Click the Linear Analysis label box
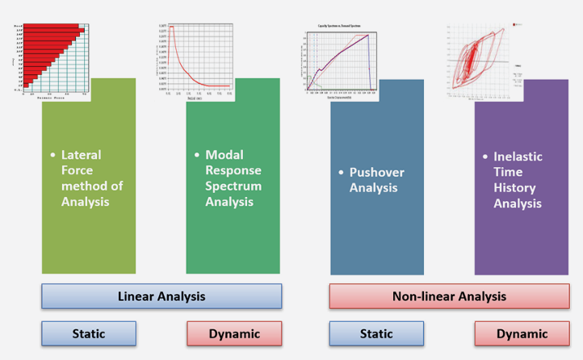(161, 296)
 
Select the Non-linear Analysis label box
(449, 296)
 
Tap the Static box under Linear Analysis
(89, 333)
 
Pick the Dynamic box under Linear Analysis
(234, 333)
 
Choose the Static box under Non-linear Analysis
(376, 333)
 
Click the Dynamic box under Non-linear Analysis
(522, 333)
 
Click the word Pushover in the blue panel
(377, 173)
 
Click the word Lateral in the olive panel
(82, 155)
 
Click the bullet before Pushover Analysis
(341, 173)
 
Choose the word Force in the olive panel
(78, 171)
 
